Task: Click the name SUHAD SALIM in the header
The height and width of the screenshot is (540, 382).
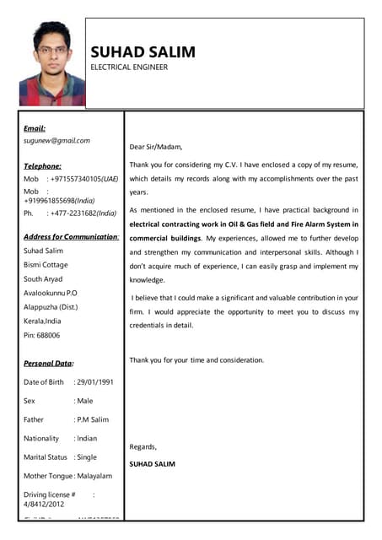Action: click(143, 51)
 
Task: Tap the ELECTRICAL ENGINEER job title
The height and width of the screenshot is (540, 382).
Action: click(129, 67)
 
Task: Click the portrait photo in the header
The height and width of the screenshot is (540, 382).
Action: click(52, 63)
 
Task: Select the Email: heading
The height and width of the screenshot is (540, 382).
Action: click(35, 127)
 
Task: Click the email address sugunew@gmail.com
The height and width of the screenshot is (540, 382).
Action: click(56, 141)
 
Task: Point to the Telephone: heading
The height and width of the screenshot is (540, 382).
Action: click(42, 166)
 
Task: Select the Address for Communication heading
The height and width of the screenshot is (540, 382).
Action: click(71, 236)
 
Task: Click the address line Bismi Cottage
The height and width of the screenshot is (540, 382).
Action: click(46, 264)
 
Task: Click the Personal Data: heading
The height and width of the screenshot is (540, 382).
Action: click(48, 363)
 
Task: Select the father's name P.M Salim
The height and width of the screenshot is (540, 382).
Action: click(93, 419)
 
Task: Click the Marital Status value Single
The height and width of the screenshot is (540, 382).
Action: click(88, 456)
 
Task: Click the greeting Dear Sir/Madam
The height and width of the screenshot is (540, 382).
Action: click(156, 146)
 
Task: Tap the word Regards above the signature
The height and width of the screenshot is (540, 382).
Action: click(143, 446)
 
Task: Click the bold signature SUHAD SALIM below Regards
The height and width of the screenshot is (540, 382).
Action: click(153, 464)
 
